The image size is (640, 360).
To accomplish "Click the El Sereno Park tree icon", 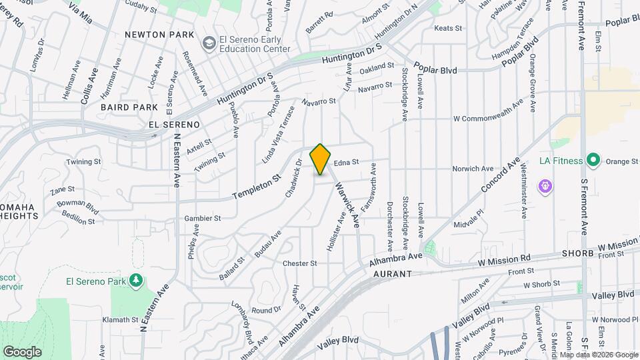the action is pos(137,281).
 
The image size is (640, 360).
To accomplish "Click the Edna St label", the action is pos(347,162).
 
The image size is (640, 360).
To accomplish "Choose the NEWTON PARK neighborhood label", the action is pos(163,35).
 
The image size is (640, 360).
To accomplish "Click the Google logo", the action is pos(22,352).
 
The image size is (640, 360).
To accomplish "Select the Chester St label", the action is pos(299,264).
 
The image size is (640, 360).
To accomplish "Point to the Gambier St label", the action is pos(203,218).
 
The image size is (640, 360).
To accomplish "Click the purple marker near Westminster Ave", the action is pos(545,185).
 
